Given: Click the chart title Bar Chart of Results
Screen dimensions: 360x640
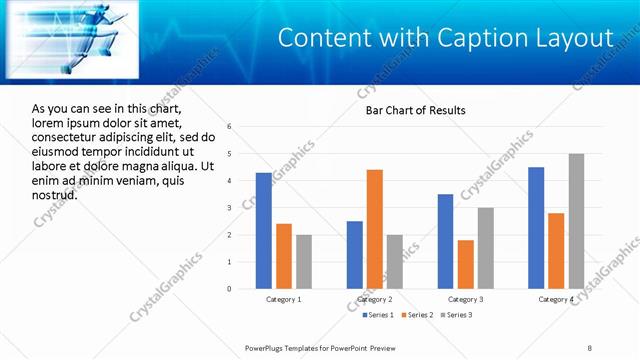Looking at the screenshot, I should (415, 110).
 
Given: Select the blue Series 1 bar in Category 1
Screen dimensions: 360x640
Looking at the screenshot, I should (263, 230).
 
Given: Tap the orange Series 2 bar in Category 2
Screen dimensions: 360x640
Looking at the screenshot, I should (375, 229).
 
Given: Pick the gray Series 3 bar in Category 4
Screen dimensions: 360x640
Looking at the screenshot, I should (576, 221).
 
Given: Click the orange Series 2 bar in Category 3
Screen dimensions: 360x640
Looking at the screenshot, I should (465, 264).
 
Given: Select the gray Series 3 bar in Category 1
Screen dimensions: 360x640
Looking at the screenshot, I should (303, 261).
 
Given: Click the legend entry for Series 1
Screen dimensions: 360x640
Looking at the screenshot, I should (375, 315).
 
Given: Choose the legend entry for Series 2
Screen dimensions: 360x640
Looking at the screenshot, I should (415, 315).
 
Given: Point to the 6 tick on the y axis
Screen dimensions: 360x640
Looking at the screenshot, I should (230, 127).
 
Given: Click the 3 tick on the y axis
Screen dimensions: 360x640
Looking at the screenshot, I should (230, 208).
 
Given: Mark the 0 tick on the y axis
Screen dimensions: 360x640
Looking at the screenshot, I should (230, 289).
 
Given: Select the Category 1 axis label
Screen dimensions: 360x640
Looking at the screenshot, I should (284, 299).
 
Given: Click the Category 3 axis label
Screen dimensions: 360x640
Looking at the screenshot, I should (466, 299).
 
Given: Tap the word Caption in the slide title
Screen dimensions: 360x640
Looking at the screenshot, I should (472, 38).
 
